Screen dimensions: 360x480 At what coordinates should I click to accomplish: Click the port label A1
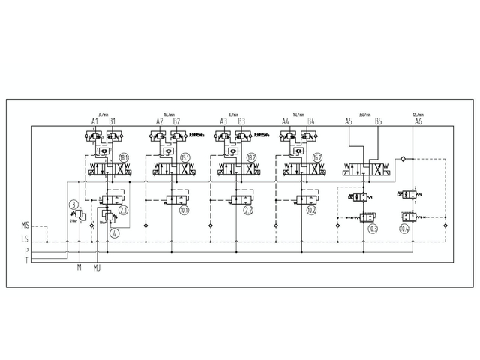[x=95, y=121]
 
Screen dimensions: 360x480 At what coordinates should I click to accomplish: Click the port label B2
[x=177, y=121]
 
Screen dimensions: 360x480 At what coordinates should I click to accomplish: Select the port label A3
[x=223, y=121]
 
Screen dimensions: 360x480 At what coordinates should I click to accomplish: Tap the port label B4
[x=310, y=121]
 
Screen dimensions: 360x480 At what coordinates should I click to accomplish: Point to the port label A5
[x=349, y=121]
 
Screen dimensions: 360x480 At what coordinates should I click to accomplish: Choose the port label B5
[x=378, y=121]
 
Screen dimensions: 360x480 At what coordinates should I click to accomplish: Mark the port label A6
[x=418, y=121]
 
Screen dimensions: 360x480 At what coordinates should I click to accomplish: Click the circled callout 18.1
[x=124, y=157]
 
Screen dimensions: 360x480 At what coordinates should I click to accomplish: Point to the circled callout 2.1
[x=124, y=211]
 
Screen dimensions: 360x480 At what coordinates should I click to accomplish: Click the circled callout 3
[x=73, y=205]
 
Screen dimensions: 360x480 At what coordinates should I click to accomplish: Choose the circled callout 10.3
[x=373, y=228]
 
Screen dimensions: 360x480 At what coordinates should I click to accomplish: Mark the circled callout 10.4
[x=405, y=228]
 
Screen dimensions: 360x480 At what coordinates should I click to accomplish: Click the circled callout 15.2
[x=317, y=157]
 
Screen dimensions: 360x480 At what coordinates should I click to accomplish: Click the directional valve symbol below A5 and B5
[x=368, y=169]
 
